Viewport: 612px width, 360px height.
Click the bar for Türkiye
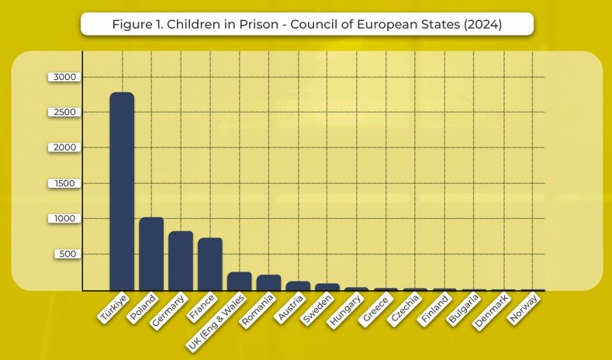122,192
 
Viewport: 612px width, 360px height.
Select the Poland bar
151,254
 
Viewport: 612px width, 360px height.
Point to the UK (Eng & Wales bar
239,281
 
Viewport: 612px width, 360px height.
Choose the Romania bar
268,282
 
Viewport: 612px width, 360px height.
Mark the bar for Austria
298,286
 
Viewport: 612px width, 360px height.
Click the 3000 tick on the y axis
64,77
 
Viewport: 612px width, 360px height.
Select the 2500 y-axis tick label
64,112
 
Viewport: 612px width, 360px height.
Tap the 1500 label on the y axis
64,183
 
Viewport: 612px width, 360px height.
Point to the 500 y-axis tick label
67,254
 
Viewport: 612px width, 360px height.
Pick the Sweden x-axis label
319,307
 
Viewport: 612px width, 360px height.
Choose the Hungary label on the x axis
346,309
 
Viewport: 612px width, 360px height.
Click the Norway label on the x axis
524,307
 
